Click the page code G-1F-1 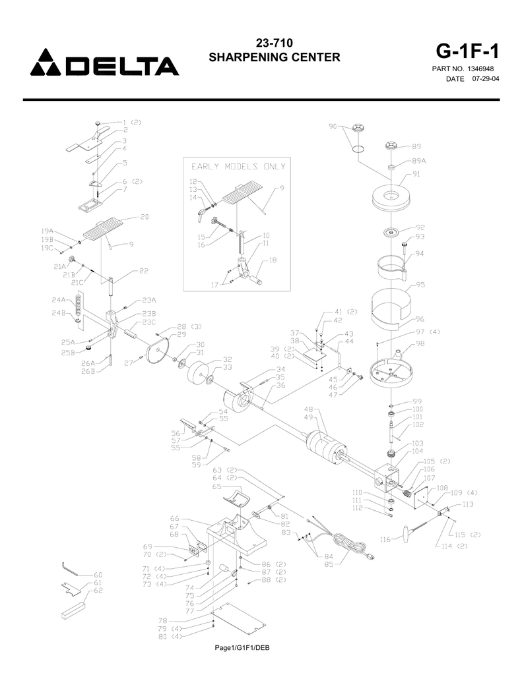[467, 51]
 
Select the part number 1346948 [480, 69]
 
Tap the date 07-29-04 [486, 79]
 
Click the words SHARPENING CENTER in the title [275, 57]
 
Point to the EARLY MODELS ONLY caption [238, 167]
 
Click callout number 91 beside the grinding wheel [416, 174]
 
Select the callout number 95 [420, 285]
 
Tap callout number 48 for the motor [308, 409]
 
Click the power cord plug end [370, 557]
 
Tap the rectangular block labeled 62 [73, 611]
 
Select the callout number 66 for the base [174, 519]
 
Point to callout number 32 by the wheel [227, 359]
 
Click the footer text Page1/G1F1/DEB [242, 647]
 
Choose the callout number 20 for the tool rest [145, 216]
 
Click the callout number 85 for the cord [329, 564]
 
